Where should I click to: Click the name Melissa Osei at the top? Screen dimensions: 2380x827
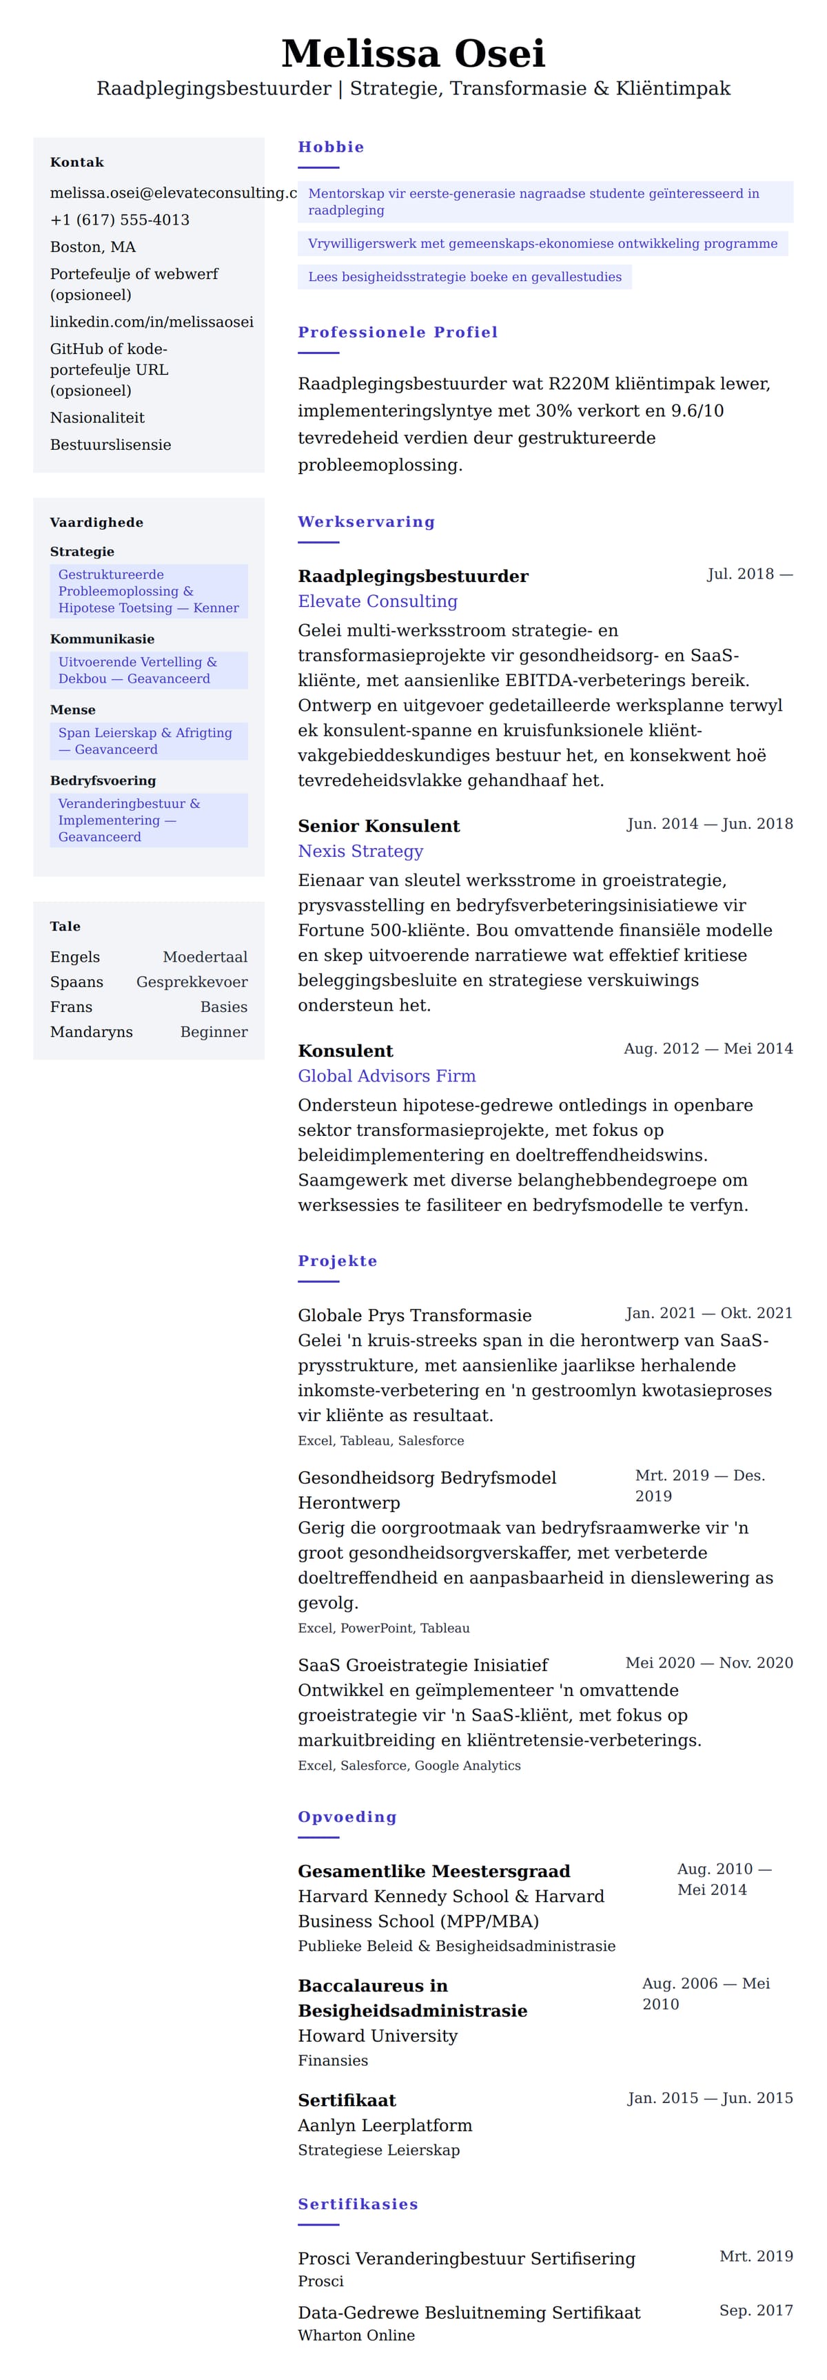pyautogui.click(x=413, y=54)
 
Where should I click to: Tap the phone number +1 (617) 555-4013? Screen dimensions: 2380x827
pyautogui.click(x=119, y=220)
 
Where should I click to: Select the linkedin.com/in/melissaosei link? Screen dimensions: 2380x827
pyautogui.click(x=152, y=322)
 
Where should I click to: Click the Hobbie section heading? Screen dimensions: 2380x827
pyautogui.click(x=331, y=147)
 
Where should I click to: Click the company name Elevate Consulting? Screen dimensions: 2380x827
pyautogui.click(x=377, y=601)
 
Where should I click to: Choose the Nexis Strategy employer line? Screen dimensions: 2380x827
pyautogui.click(x=360, y=851)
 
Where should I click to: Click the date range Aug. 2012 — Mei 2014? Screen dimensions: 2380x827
pyautogui.click(x=708, y=1048)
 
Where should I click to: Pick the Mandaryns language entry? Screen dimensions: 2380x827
pyautogui.click(x=92, y=1032)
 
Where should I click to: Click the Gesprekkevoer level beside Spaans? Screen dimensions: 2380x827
pyautogui.click(x=192, y=982)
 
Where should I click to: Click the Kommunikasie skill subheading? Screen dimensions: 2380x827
pyautogui.click(x=101, y=639)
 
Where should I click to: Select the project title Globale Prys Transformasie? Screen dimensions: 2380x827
pyautogui.click(x=414, y=1315)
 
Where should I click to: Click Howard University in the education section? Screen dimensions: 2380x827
pyautogui.click(x=377, y=2036)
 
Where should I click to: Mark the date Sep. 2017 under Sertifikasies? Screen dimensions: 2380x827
pyautogui.click(x=756, y=2310)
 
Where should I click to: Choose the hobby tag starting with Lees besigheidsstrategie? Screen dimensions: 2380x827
pyautogui.click(x=464, y=277)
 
